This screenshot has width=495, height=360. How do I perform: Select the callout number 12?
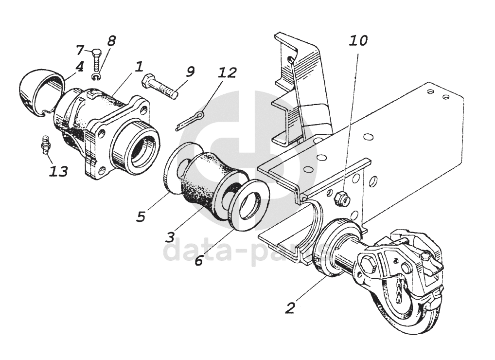227,73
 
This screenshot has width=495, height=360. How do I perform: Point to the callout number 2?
290,307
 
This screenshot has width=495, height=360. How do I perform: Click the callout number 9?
190,72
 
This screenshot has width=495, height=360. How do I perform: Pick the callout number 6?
199,260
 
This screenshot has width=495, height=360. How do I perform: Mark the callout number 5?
141,216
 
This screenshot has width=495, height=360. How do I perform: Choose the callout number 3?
170,237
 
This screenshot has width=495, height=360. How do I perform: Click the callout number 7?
80,50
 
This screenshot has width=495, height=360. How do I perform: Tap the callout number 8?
111,41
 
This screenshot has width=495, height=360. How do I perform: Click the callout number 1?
139,65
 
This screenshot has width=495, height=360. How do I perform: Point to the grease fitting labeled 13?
46,144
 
